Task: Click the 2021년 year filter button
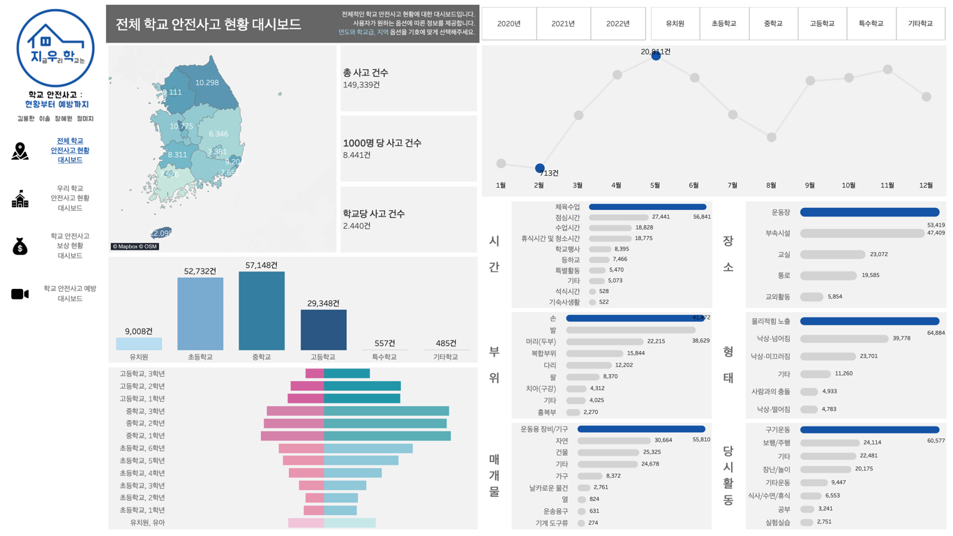(563, 24)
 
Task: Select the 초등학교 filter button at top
(723, 24)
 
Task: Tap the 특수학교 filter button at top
(871, 24)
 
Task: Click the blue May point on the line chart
(656, 56)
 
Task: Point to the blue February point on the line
(539, 168)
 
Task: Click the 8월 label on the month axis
(771, 186)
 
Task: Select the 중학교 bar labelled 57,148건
(262, 311)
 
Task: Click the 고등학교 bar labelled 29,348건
(323, 329)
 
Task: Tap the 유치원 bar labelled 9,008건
(139, 343)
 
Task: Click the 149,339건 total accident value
(361, 85)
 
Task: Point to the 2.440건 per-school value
(357, 226)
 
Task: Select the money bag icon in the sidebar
(20, 246)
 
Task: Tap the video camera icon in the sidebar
(20, 294)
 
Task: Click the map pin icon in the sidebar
(20, 151)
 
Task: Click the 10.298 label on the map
(207, 82)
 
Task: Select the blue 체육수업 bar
(647, 207)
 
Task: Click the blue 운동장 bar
(869, 212)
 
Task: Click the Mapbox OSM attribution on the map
(135, 246)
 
